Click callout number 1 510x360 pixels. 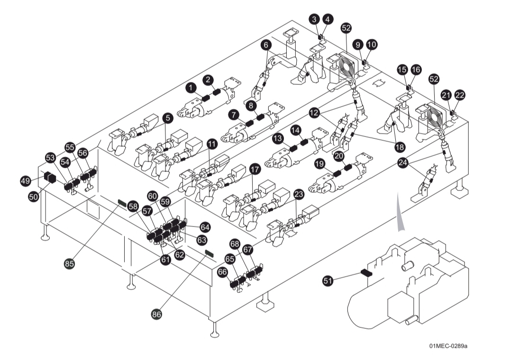(191, 88)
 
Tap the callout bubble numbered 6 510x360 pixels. (267, 45)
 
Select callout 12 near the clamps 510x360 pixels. (314, 113)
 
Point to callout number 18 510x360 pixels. (399, 147)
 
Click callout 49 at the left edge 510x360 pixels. (26, 180)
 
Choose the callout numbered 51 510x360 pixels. (328, 281)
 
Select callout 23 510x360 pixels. (299, 194)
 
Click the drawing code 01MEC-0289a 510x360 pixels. (448, 346)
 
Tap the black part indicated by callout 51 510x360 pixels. (366, 273)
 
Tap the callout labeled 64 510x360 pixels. (205, 227)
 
